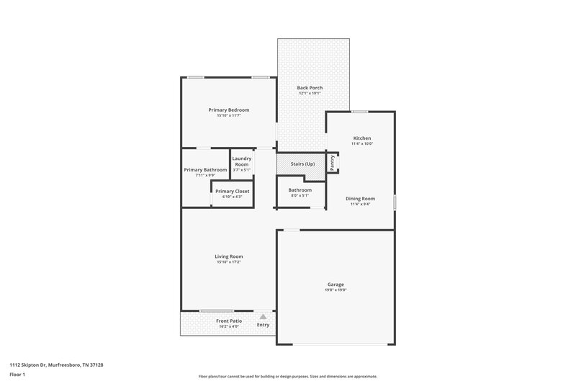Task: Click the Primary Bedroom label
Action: (x=228, y=110)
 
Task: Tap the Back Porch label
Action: (x=310, y=88)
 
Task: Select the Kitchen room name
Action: (x=362, y=138)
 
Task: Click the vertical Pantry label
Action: (x=332, y=163)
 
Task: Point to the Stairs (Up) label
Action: (x=302, y=164)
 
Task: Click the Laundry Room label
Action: (x=241, y=161)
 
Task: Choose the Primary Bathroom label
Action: (x=205, y=170)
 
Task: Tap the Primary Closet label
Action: (x=232, y=191)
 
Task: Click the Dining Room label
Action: (x=361, y=198)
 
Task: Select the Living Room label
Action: (x=228, y=256)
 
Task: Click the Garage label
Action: (x=336, y=285)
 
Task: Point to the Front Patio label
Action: (x=230, y=321)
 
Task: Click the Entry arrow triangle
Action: (x=264, y=316)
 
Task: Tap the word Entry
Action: (x=264, y=325)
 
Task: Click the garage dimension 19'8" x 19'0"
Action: (x=336, y=290)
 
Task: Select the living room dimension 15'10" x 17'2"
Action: (x=228, y=262)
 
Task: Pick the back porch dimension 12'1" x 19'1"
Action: (x=310, y=94)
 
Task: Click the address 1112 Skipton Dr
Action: (x=56, y=365)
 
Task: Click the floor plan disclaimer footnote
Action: (x=288, y=376)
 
